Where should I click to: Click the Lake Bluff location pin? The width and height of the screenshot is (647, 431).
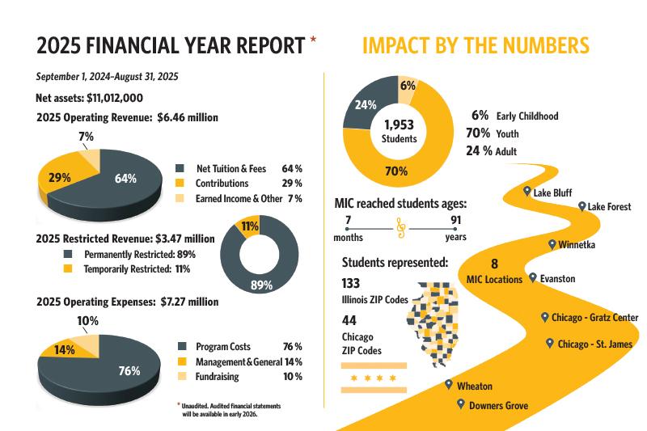coord(527,192)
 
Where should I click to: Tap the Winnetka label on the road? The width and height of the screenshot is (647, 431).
coord(577,244)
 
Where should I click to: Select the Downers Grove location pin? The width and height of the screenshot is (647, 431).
coord(460,404)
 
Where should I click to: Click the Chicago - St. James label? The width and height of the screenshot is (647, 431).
coord(594,344)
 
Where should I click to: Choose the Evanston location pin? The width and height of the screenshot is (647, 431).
coord(532,277)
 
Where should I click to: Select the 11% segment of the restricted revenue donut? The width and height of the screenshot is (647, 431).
coord(248,227)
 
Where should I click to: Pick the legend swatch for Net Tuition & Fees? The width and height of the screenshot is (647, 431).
coord(180,169)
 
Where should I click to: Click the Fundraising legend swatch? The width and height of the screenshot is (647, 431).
coord(180,376)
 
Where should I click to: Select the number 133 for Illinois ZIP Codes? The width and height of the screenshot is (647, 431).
coord(352,283)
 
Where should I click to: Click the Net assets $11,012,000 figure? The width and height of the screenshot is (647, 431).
coord(90,98)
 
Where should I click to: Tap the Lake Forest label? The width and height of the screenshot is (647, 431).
coord(609,207)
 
